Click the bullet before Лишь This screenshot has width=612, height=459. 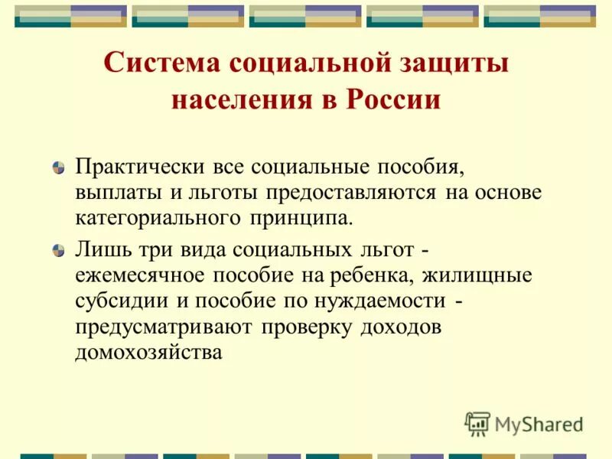(59, 250)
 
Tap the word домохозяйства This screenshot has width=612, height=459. (149, 353)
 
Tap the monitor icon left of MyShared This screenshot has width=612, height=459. (477, 423)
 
